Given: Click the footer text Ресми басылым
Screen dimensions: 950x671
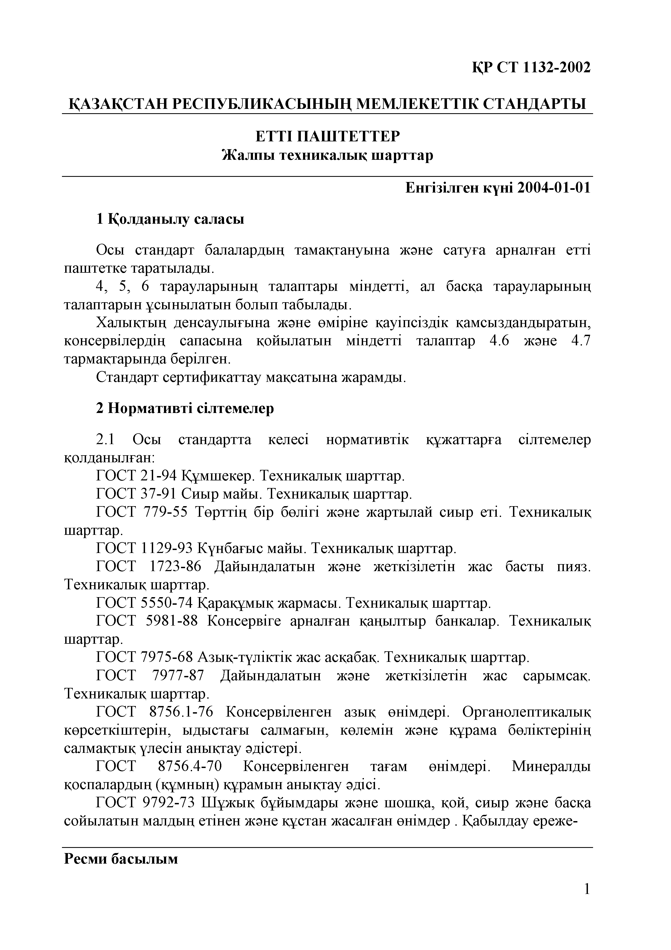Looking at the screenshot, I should click(x=121, y=859).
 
